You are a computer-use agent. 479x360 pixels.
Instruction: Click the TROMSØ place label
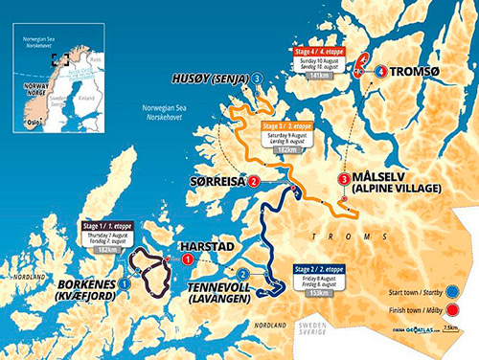click(422, 72)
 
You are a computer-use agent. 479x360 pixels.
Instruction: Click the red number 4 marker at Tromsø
click(380, 72)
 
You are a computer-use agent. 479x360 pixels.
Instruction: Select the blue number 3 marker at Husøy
click(258, 78)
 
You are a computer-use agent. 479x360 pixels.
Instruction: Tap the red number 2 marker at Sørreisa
click(253, 181)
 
